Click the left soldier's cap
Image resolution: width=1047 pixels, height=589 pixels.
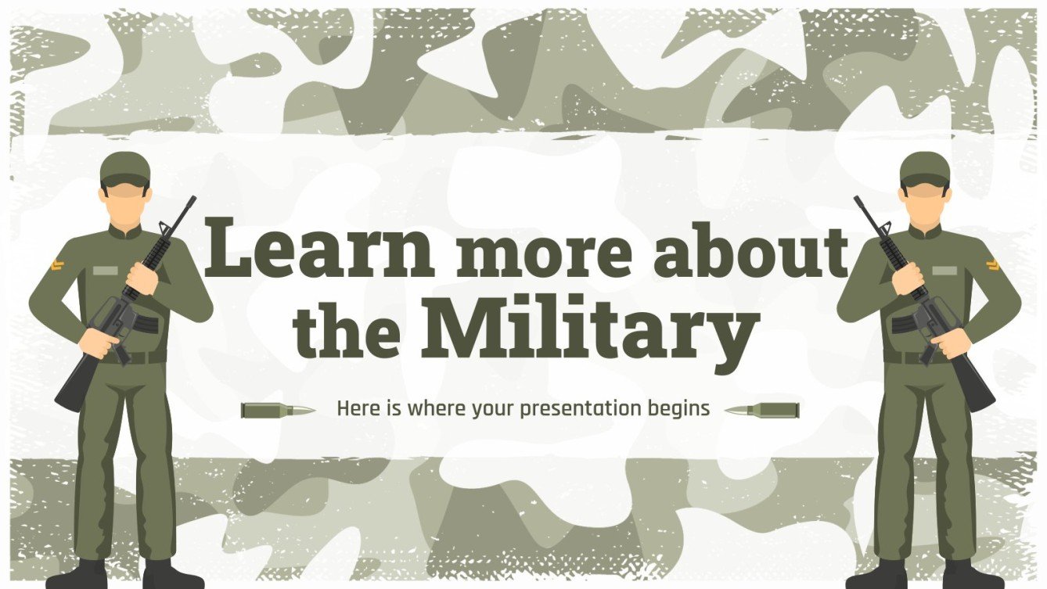pyautogui.click(x=125, y=167)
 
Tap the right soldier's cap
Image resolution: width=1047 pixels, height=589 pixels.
pyautogui.click(x=924, y=167)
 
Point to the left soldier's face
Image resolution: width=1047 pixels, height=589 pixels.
pyautogui.click(x=125, y=202)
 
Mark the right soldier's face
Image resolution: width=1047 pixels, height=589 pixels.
pyautogui.click(x=924, y=202)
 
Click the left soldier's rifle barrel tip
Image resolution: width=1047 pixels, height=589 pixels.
pyautogui.click(x=192, y=199)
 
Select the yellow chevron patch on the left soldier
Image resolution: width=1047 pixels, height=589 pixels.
pyautogui.click(x=56, y=265)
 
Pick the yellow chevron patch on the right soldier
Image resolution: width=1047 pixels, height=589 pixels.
pyautogui.click(x=993, y=265)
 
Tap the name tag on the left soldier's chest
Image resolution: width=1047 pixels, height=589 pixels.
pyautogui.click(x=105, y=271)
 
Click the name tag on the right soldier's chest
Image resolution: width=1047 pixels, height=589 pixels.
pyautogui.click(x=944, y=271)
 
